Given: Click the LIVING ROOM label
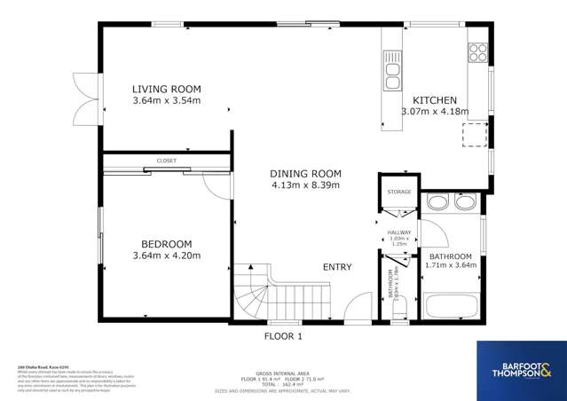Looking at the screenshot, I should [166, 89].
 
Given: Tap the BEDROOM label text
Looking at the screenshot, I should [166, 244].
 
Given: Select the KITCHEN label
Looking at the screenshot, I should [434, 100].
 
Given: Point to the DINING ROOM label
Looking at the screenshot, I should [305, 174].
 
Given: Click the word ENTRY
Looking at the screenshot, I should [337, 267].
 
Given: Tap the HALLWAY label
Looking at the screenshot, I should [400, 232].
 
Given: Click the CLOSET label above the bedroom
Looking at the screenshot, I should [166, 161].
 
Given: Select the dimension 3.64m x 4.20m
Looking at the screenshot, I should [166, 256].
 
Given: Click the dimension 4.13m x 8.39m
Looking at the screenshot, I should [305, 185].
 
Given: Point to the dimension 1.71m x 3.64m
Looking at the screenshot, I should [452, 264].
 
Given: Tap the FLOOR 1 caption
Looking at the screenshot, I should [283, 336].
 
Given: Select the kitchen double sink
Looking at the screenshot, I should [392, 70].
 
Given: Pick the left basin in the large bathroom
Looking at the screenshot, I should [437, 203].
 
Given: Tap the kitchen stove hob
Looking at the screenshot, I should [477, 52].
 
